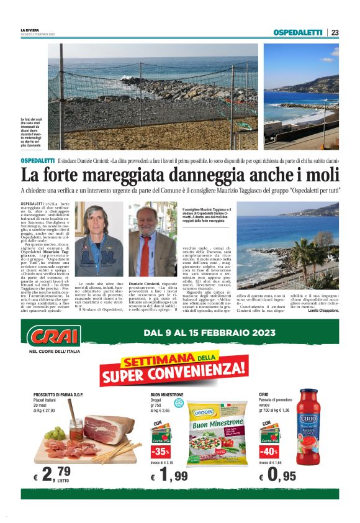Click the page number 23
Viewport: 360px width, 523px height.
point(335,33)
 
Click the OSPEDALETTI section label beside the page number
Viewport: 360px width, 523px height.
point(298,33)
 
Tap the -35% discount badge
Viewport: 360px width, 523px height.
point(161,451)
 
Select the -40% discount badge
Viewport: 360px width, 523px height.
point(269,451)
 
